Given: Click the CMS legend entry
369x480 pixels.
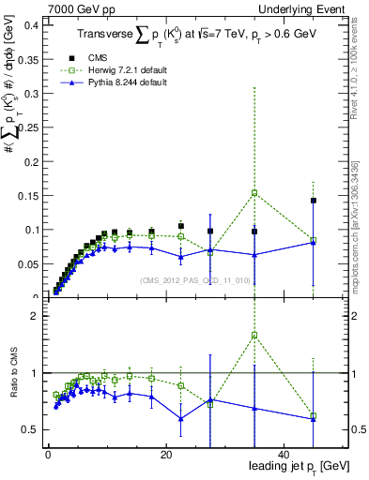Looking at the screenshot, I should coord(110,57).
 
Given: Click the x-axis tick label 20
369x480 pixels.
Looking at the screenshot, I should coord(165,456).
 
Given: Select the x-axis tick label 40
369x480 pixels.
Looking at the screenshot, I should coord(284,456).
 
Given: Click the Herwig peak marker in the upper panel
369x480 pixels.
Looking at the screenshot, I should coord(254,193).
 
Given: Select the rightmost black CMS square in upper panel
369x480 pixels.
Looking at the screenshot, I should coord(314,201).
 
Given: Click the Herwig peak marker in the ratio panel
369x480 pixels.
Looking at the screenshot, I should coord(254,335).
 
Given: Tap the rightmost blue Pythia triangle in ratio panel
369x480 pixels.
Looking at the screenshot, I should coord(314,418).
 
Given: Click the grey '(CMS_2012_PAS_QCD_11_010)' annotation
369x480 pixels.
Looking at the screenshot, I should coord(194,280).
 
